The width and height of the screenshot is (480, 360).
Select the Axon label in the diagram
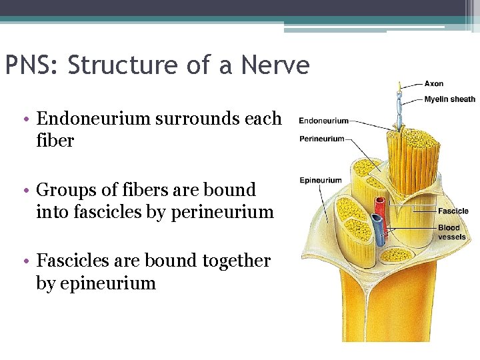click(x=433, y=84)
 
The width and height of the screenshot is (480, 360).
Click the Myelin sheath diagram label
click(x=450, y=99)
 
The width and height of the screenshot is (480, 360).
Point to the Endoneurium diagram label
click(x=323, y=121)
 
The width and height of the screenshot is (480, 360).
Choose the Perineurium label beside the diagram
click(x=321, y=139)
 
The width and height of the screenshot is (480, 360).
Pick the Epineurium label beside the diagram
click(x=320, y=180)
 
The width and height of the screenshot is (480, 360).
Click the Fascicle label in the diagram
click(x=453, y=211)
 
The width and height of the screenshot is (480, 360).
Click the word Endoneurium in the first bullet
click(x=93, y=119)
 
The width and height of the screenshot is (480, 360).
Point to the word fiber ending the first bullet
click(x=55, y=141)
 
